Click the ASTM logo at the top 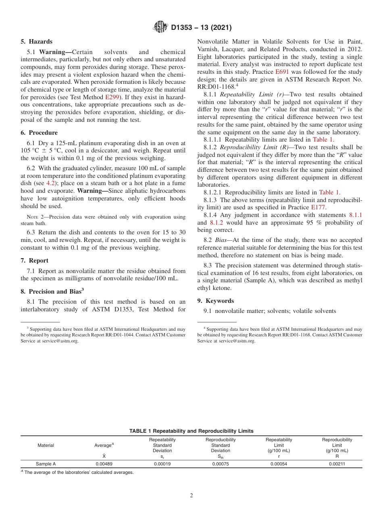point(161,27)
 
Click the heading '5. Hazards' point(36,42)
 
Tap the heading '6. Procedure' point(39,133)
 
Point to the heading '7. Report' point(34,261)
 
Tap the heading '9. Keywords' point(215,301)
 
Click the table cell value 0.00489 point(104,464)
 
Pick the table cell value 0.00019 point(162,464)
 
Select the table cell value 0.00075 point(221,464)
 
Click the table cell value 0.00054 point(279,464)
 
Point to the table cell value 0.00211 point(337,464)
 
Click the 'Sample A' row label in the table point(46,464)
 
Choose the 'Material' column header point(46,445)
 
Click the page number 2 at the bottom point(191,496)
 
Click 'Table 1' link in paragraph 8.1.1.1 point(323,140)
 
